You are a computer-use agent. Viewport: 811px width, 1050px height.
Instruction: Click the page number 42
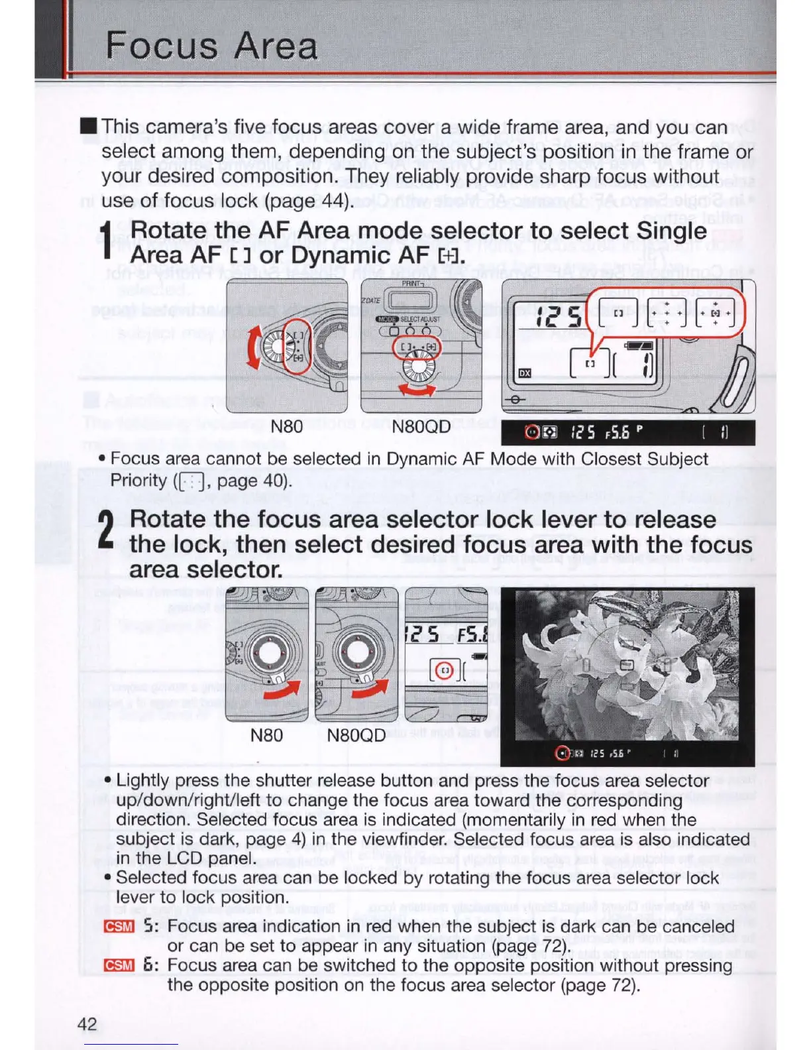tap(87, 1024)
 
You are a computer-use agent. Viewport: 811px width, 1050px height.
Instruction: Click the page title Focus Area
tap(211, 46)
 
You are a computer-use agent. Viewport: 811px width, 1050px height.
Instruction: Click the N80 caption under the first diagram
tap(286, 426)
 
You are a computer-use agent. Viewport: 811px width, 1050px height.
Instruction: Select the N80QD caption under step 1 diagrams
tap(421, 426)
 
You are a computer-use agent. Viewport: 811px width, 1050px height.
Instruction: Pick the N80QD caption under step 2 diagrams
tap(356, 735)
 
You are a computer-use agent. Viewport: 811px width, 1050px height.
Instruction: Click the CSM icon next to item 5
tap(119, 927)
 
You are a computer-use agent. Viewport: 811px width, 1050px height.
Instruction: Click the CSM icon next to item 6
tap(119, 966)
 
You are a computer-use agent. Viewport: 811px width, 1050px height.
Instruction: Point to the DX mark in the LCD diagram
tap(525, 373)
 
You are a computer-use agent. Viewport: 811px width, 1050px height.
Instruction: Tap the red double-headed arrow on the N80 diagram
tap(253, 347)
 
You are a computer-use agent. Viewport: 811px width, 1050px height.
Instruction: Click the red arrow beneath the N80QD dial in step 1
tap(416, 389)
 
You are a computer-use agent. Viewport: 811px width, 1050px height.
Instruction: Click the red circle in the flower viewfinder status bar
tap(562, 753)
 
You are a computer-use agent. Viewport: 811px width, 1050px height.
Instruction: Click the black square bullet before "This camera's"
tap(88, 126)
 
